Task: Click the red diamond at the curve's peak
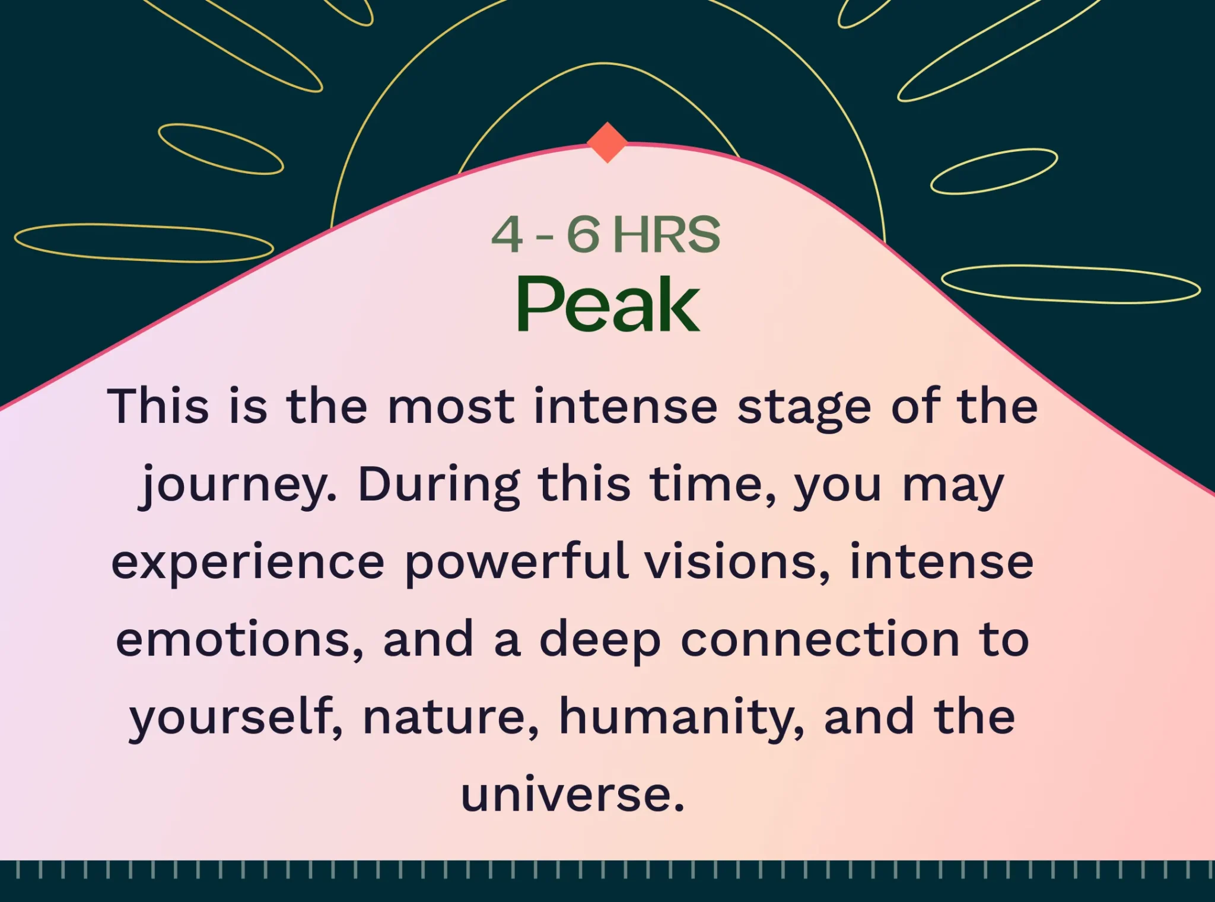pyautogui.click(x=607, y=142)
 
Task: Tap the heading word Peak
pyautogui.click(x=608, y=304)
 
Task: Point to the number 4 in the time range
pyautogui.click(x=507, y=234)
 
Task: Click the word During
pyautogui.click(x=440, y=486)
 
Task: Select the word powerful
pyautogui.click(x=517, y=563)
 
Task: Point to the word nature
pyautogui.click(x=451, y=718)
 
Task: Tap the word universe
pyautogui.click(x=573, y=795)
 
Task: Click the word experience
pyautogui.click(x=248, y=563)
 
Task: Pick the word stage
pyautogui.click(x=804, y=409)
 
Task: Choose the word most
pyautogui.click(x=451, y=408)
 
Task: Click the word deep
pyautogui.click(x=600, y=640)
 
